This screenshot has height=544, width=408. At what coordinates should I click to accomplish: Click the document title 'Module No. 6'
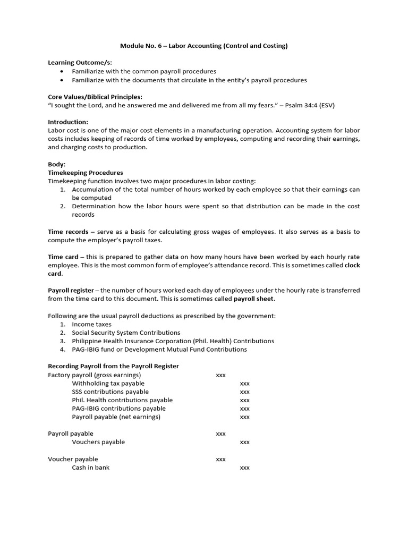click(141, 46)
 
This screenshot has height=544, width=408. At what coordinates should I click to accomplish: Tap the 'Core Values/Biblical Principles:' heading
click(95, 97)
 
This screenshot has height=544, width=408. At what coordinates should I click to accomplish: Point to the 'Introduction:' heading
click(68, 122)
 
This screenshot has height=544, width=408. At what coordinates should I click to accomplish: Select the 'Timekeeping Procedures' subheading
click(85, 173)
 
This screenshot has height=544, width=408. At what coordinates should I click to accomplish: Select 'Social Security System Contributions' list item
click(126, 333)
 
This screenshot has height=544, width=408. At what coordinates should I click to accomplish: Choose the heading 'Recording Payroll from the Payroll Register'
click(113, 366)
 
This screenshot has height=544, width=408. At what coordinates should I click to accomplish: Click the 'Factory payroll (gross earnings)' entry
click(95, 375)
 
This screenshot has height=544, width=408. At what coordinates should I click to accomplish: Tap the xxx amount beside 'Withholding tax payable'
click(244, 383)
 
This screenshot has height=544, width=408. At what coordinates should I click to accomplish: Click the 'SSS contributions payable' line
click(110, 392)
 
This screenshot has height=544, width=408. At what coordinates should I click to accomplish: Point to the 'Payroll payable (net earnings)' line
click(116, 417)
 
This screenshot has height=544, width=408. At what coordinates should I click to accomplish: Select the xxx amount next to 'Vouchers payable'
click(244, 442)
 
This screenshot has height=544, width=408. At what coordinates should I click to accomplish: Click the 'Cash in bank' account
click(91, 467)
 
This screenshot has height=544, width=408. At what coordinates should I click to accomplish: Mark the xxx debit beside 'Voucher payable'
click(220, 459)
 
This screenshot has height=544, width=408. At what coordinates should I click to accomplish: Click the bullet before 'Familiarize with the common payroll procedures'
click(63, 71)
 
